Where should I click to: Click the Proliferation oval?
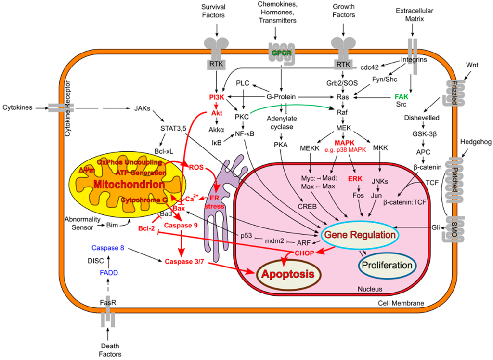(387, 265)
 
